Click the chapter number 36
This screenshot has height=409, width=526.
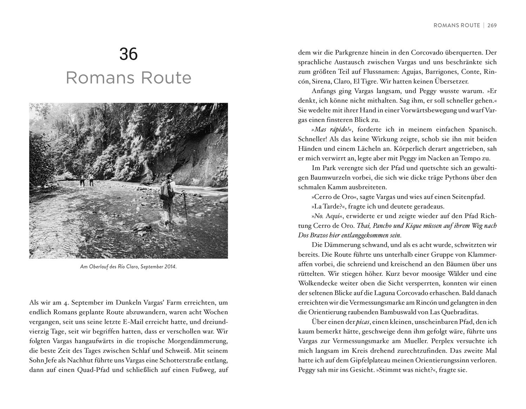coord(128,54)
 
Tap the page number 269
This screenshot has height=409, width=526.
coord(492,25)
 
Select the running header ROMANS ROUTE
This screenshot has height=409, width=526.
coord(457,25)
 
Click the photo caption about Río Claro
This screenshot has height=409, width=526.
coord(128,267)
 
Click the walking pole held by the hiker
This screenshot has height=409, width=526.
coord(185,207)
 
